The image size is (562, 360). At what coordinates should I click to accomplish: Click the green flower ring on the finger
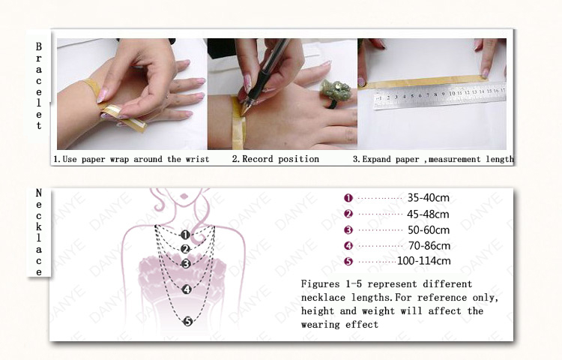pyautogui.click(x=334, y=91)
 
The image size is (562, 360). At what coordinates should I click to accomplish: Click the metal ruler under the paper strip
pyautogui.click(x=439, y=96)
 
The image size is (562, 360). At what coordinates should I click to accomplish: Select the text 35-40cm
pyautogui.click(x=429, y=197)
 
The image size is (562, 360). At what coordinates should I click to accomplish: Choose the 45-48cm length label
pyautogui.click(x=428, y=214)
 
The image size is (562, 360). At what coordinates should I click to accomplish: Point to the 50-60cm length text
pyautogui.click(x=429, y=229)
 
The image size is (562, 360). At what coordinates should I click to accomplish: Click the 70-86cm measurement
pyautogui.click(x=429, y=245)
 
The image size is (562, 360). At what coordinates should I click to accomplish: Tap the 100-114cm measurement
pyautogui.click(x=424, y=261)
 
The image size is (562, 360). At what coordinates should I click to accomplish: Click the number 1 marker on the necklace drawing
pyautogui.click(x=185, y=235)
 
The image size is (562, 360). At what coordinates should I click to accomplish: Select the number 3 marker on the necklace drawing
pyautogui.click(x=186, y=264)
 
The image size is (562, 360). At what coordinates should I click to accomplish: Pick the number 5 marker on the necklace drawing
pyautogui.click(x=188, y=322)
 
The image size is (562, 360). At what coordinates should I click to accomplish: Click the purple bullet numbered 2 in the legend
pyautogui.click(x=348, y=214)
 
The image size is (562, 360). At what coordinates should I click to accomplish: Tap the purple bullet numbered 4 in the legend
pyautogui.click(x=348, y=245)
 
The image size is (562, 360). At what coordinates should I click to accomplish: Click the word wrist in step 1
pyautogui.click(x=197, y=159)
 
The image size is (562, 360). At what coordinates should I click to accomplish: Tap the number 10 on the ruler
pyautogui.click(x=452, y=94)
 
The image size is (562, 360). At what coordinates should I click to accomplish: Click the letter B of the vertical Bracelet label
pyautogui.click(x=39, y=46)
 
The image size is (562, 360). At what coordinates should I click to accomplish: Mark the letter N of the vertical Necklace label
pyautogui.click(x=39, y=193)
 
